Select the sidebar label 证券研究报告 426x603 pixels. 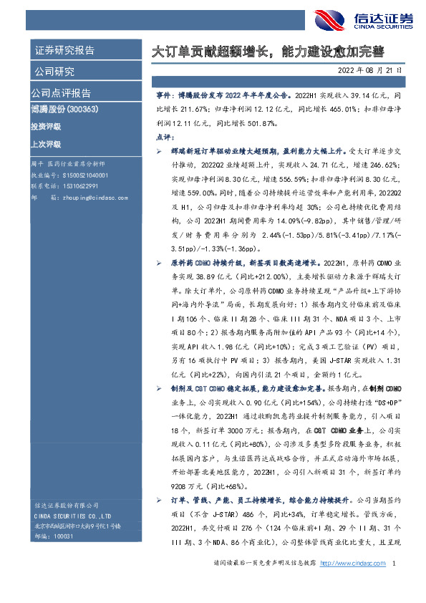pyautogui.click(x=65, y=50)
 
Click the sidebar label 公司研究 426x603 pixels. pyautogui.click(x=54, y=72)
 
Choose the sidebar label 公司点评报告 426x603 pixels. pyautogui.click(x=60, y=93)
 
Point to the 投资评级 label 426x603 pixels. pyautogui.click(x=46, y=126)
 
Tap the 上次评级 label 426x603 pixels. pyautogui.click(x=46, y=143)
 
